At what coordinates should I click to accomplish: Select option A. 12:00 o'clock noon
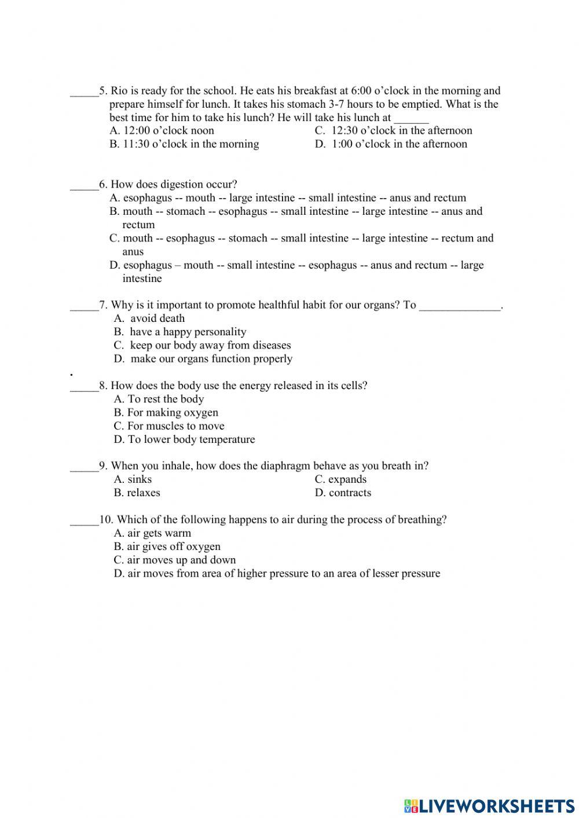point(162,131)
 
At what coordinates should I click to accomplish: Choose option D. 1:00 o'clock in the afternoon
point(391,144)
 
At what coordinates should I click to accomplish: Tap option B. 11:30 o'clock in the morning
point(184,144)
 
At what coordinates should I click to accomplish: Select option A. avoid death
point(149,318)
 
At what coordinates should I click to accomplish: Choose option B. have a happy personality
point(180,332)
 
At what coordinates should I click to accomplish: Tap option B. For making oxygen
point(166,413)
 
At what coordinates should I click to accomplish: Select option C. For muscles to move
point(169,426)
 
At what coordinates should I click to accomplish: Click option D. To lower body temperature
point(184,439)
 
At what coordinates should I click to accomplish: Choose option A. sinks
point(133,479)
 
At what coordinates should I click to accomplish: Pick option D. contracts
point(343,493)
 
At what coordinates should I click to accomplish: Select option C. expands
point(340,479)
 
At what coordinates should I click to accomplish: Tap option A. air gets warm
point(152,533)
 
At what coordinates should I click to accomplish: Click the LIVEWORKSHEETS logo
point(489,805)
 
